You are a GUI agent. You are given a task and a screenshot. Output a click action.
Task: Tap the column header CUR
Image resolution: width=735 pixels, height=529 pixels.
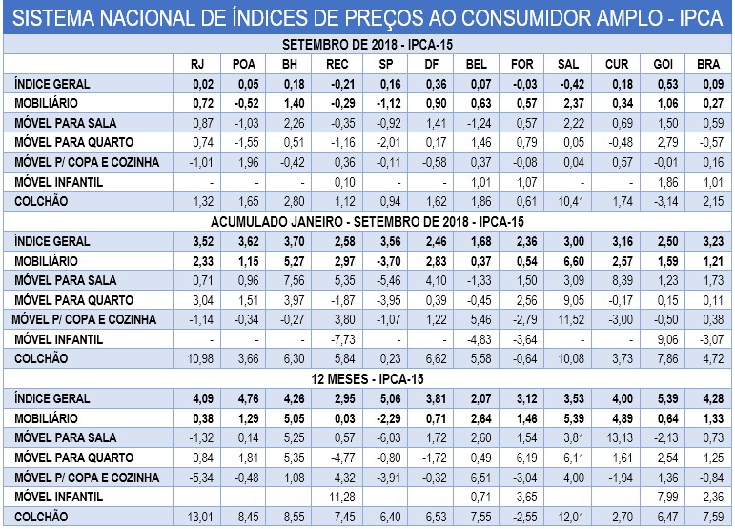click(617, 64)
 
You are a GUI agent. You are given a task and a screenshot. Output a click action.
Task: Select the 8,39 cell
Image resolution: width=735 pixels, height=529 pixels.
click(617, 279)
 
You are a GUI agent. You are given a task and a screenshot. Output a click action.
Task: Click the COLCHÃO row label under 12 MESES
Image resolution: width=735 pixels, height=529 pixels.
click(40, 516)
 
